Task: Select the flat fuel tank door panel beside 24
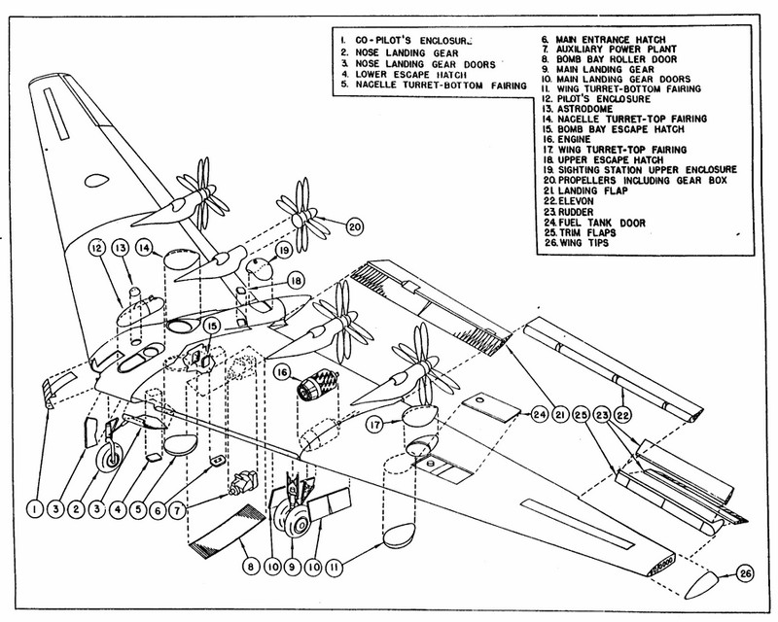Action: click(x=490, y=407)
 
